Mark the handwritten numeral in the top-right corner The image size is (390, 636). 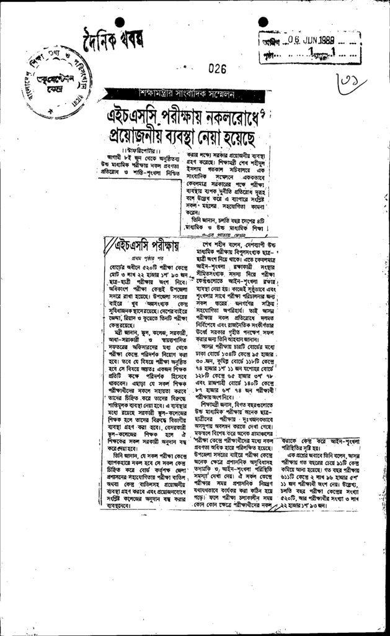click(x=362, y=80)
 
